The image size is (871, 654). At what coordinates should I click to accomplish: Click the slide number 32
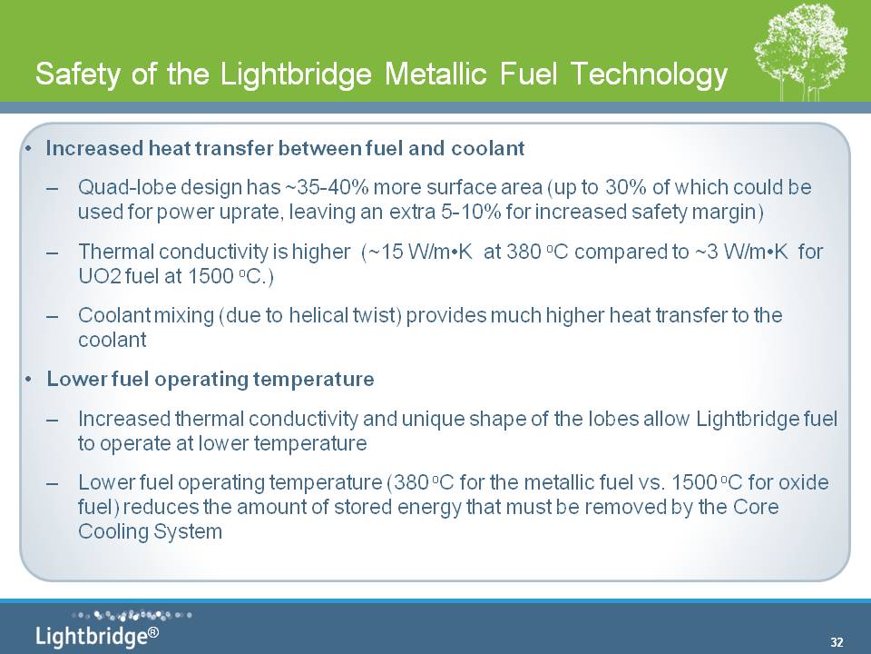point(837,642)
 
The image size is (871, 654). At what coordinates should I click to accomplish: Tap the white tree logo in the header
point(800,54)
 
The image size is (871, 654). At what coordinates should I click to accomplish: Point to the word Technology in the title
point(649,74)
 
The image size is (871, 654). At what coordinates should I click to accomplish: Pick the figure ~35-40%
point(326,187)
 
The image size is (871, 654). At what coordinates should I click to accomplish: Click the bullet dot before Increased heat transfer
point(28,149)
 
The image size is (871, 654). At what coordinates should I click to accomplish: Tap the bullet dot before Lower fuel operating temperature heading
point(28,380)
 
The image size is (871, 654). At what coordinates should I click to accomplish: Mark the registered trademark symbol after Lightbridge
point(153,632)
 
